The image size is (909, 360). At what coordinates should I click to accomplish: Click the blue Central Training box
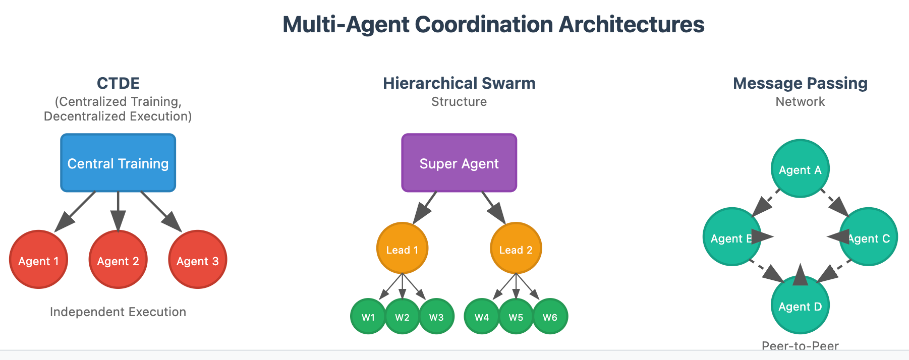[x=118, y=163]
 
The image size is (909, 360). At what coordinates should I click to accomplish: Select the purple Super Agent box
[x=459, y=163]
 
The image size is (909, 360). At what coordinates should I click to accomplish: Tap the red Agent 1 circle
[x=38, y=260]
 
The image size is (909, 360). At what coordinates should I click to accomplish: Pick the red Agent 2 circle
[x=118, y=260]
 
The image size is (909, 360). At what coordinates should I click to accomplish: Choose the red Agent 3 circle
[x=198, y=260]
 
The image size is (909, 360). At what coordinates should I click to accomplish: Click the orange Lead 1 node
[x=402, y=248]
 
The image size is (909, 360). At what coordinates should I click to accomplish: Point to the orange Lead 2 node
[x=516, y=248]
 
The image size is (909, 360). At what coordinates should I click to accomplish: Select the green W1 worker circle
[x=368, y=317]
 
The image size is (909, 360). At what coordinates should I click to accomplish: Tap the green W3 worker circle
[x=436, y=317]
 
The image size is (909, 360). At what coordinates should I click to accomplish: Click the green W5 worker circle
[x=516, y=317]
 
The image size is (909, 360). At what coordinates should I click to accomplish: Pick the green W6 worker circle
[x=550, y=317]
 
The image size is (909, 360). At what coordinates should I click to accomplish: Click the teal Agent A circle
[x=800, y=168]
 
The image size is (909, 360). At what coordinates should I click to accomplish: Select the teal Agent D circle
[x=800, y=306]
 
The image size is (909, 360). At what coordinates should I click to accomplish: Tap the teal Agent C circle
[x=869, y=237]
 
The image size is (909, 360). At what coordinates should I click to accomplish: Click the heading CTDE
[x=118, y=83]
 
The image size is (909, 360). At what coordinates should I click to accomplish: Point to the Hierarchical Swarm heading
[x=459, y=83]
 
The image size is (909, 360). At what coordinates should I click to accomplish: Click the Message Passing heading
[x=800, y=83]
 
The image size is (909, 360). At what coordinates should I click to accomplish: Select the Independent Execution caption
[x=118, y=312]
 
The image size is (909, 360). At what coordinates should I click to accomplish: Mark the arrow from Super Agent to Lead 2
[x=493, y=207]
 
